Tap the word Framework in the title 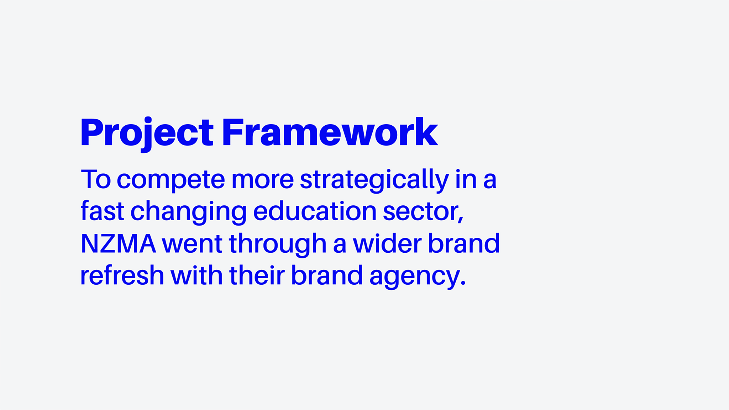click(x=330, y=132)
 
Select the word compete click(x=171, y=181)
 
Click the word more click(x=263, y=180)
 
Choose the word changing click(x=189, y=212)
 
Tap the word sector click(x=420, y=211)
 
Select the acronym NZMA click(x=119, y=243)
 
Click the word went click(x=192, y=245)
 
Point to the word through click(x=278, y=245)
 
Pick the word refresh click(x=122, y=275)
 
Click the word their click(x=257, y=275)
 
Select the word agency click(x=414, y=277)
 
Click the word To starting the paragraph click(x=96, y=179)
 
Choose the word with click(x=196, y=275)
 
